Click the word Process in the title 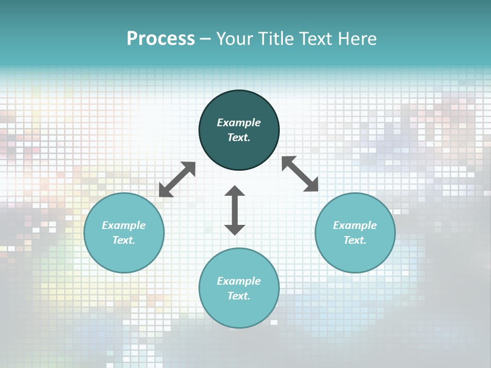click(x=161, y=39)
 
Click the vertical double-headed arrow click(x=235, y=210)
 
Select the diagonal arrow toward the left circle click(x=177, y=179)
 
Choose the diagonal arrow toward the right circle click(x=300, y=174)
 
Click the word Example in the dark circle click(x=239, y=123)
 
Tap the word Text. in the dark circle click(x=239, y=137)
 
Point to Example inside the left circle click(x=124, y=225)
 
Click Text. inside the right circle click(x=355, y=240)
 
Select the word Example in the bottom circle click(x=239, y=281)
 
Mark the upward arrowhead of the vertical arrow click(x=235, y=191)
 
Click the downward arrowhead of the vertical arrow click(x=235, y=229)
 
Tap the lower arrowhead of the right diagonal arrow click(x=310, y=184)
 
